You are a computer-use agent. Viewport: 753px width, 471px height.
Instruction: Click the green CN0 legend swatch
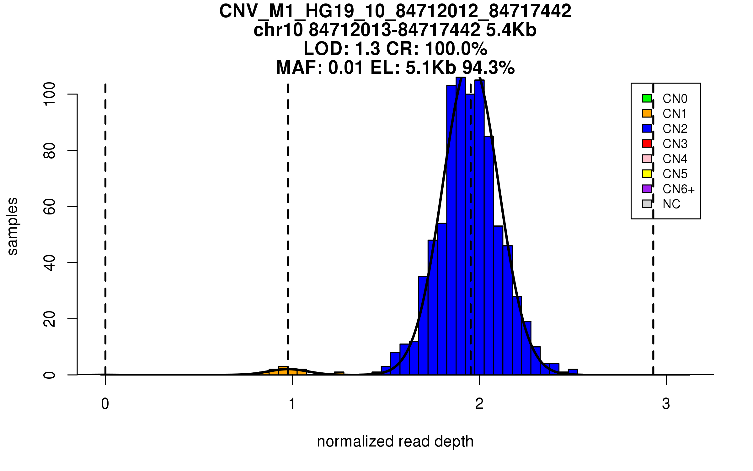tap(647, 98)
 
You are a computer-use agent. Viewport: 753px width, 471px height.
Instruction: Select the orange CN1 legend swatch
tap(647, 113)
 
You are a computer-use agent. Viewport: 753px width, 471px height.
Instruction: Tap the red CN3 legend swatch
tap(647, 143)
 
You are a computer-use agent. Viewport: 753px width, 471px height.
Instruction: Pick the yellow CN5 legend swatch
tap(647, 174)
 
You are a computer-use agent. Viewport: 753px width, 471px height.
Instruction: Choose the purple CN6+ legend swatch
tap(647, 189)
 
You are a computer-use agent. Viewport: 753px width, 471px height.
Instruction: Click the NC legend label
tap(671, 204)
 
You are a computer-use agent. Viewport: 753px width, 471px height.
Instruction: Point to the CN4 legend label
tap(675, 159)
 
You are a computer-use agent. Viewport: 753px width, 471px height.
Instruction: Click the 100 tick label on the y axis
tap(50, 94)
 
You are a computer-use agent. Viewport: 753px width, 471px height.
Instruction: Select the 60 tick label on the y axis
tap(50, 206)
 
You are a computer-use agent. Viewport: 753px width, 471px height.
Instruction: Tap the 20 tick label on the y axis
tap(50, 319)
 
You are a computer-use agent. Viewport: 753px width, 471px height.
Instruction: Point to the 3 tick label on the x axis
tap(666, 403)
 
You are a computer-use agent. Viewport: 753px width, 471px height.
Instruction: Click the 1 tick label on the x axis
tap(292, 403)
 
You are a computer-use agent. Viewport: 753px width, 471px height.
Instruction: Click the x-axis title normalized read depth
tap(395, 441)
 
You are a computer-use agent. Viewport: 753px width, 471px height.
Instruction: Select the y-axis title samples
tap(13, 226)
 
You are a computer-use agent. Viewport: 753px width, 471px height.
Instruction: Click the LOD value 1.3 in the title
tap(367, 49)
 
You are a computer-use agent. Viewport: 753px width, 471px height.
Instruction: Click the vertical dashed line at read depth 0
tap(105, 220)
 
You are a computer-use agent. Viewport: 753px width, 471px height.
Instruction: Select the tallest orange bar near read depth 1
tap(283, 371)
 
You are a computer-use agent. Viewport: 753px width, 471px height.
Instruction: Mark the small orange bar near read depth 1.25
tap(339, 373)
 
